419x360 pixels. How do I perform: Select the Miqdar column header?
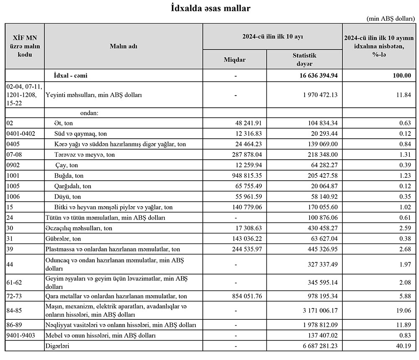[x=235, y=60]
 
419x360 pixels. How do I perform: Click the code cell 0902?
[x=15, y=166]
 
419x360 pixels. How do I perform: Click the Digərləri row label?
[x=57, y=346]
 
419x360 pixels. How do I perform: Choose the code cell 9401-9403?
[x=21, y=336]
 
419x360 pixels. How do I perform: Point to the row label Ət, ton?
[x=63, y=123]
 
